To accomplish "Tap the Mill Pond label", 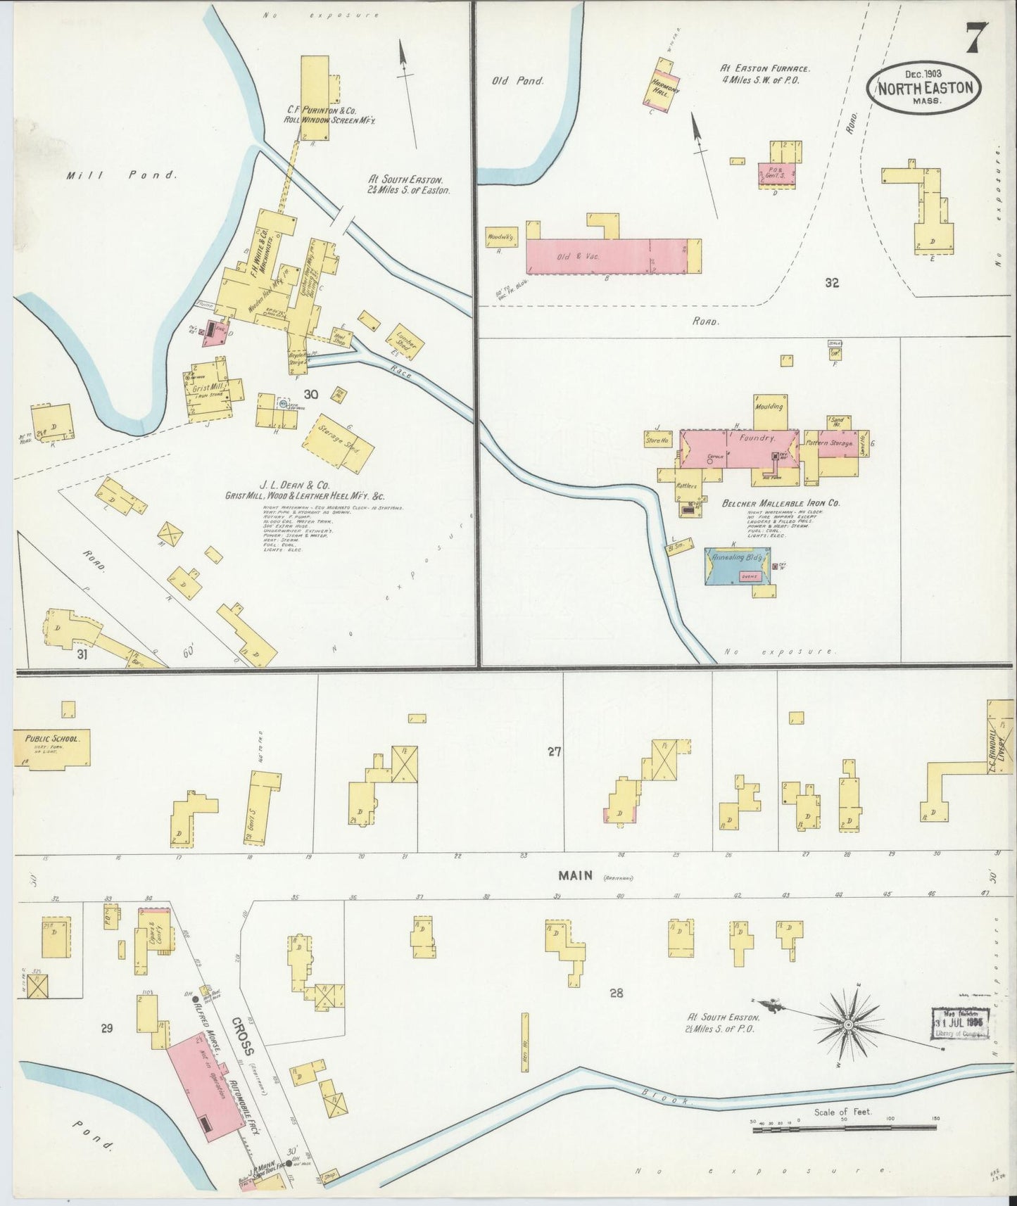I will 120,175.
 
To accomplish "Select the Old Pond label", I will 517,81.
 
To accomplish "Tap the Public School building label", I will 49,739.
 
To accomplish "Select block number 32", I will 833,284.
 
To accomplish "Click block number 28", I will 617,993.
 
